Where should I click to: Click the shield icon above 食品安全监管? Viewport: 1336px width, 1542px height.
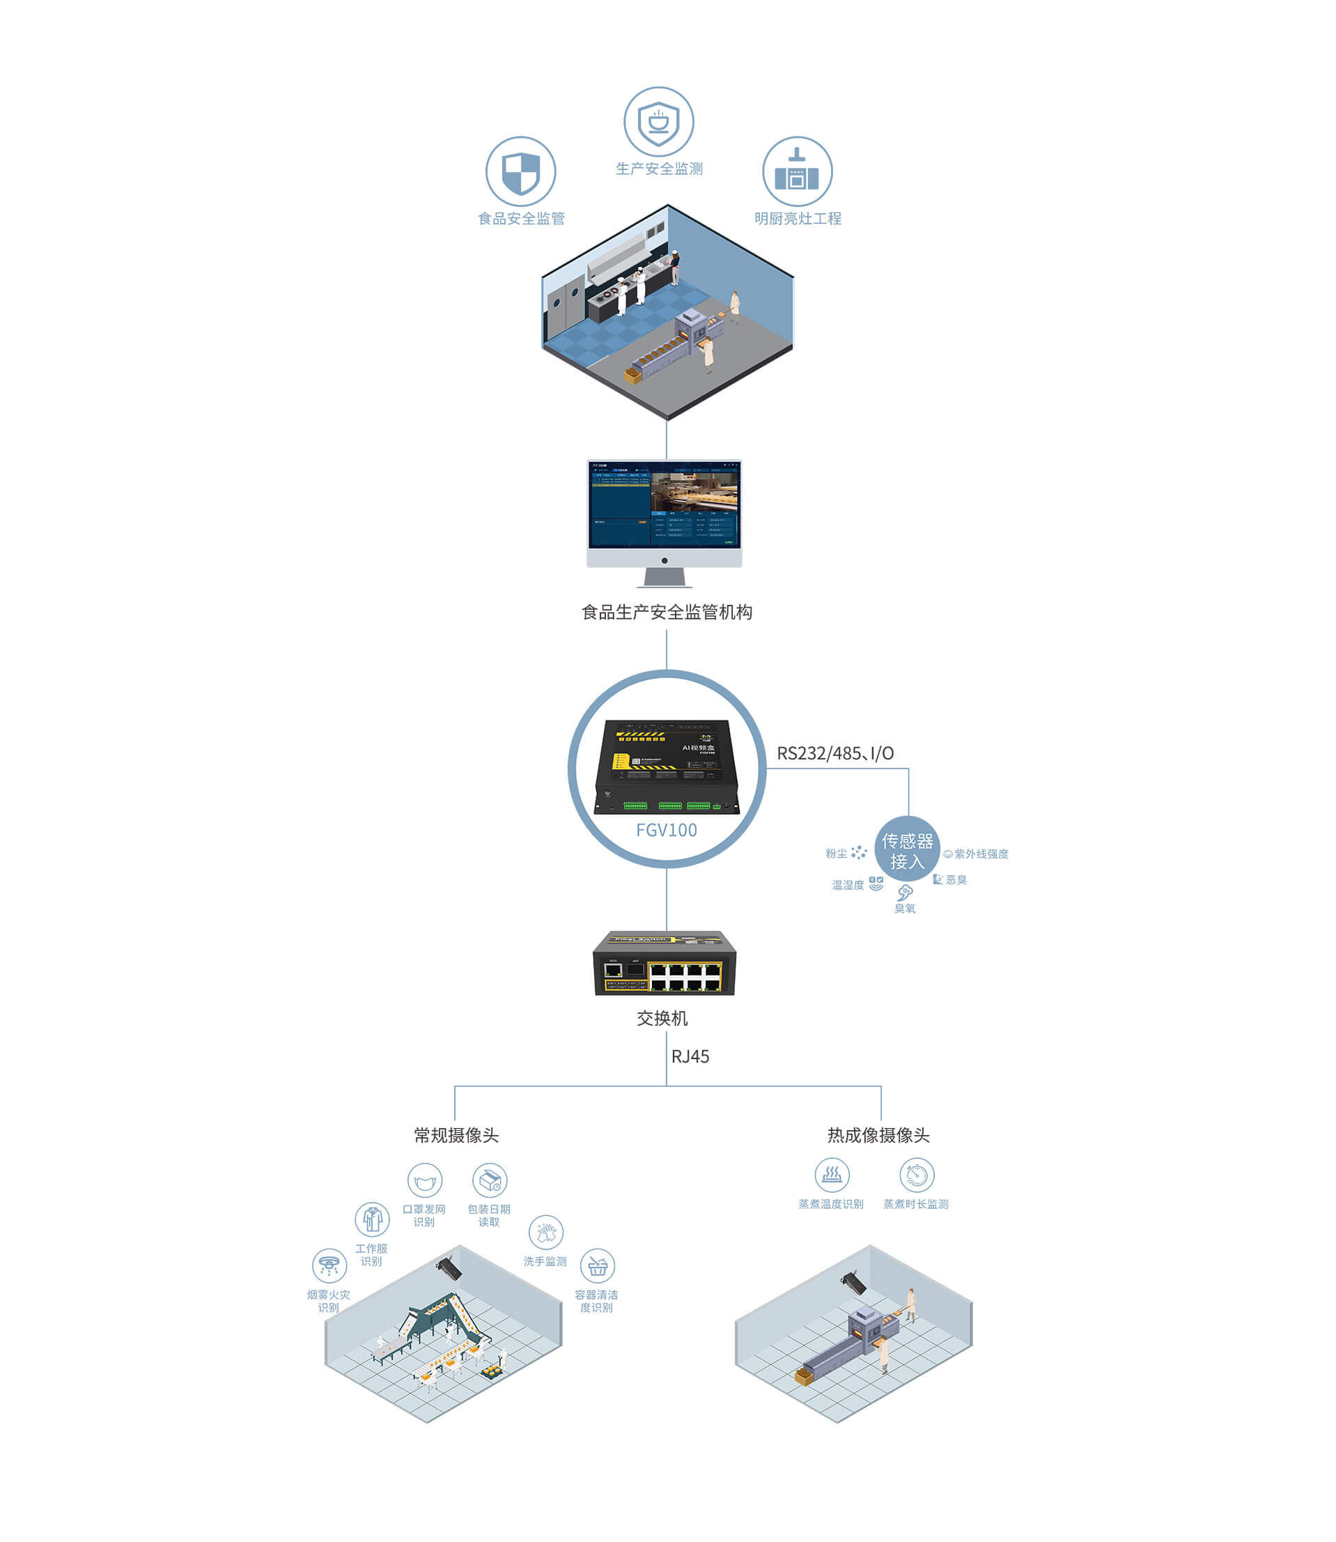[520, 171]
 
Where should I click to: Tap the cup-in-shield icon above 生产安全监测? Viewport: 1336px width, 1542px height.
[658, 121]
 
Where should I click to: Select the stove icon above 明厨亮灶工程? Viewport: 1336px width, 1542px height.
[797, 171]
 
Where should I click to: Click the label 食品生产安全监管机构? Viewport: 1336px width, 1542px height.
[667, 612]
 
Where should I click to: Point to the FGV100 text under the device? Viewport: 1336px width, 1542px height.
[667, 830]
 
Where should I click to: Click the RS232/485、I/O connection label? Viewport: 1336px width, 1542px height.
[835, 753]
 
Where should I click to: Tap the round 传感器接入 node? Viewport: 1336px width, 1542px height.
[907, 851]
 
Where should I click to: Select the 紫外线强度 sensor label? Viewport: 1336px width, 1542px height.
[981, 854]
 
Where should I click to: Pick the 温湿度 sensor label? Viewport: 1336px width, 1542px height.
[848, 885]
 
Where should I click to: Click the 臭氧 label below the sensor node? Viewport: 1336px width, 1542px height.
[905, 908]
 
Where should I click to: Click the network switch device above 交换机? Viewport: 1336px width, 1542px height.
[665, 963]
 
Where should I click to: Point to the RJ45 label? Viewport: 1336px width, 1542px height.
[690, 1056]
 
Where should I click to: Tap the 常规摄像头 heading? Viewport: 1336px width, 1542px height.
[456, 1135]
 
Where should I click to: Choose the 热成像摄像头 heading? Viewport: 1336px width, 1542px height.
[878, 1135]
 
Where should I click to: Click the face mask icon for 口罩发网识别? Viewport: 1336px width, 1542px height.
[425, 1181]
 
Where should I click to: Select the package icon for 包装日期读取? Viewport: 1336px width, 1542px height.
[490, 1181]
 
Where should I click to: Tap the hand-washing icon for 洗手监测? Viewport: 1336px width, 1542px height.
[545, 1233]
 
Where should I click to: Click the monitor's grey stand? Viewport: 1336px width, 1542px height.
[665, 578]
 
